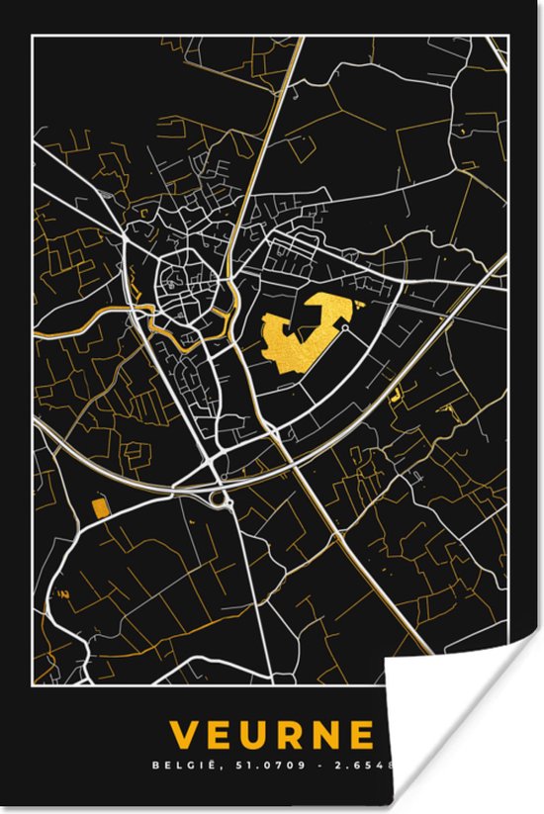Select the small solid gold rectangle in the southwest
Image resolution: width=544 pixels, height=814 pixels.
pyautogui.click(x=99, y=508)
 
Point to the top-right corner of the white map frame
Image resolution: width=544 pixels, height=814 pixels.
pyautogui.click(x=509, y=37)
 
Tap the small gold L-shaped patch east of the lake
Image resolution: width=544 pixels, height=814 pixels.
pyautogui.click(x=398, y=395)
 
